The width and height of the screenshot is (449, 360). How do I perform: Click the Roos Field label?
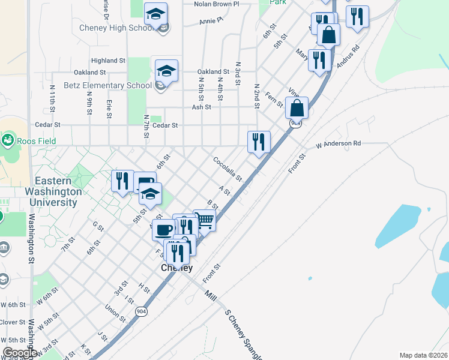35,141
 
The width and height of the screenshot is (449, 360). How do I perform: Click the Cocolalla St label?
228,169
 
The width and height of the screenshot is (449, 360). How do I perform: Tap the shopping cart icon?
205,220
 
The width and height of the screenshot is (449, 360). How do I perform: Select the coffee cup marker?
163,229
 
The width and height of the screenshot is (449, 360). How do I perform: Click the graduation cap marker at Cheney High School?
156,14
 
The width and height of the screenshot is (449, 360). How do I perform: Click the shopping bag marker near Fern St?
297,108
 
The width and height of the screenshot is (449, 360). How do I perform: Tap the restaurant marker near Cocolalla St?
259,142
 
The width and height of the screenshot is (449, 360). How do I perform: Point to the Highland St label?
108,61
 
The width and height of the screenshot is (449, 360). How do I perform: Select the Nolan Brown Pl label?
216,4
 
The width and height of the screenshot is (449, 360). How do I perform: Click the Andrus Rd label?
348,57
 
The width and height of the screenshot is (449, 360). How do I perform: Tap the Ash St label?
201,107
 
